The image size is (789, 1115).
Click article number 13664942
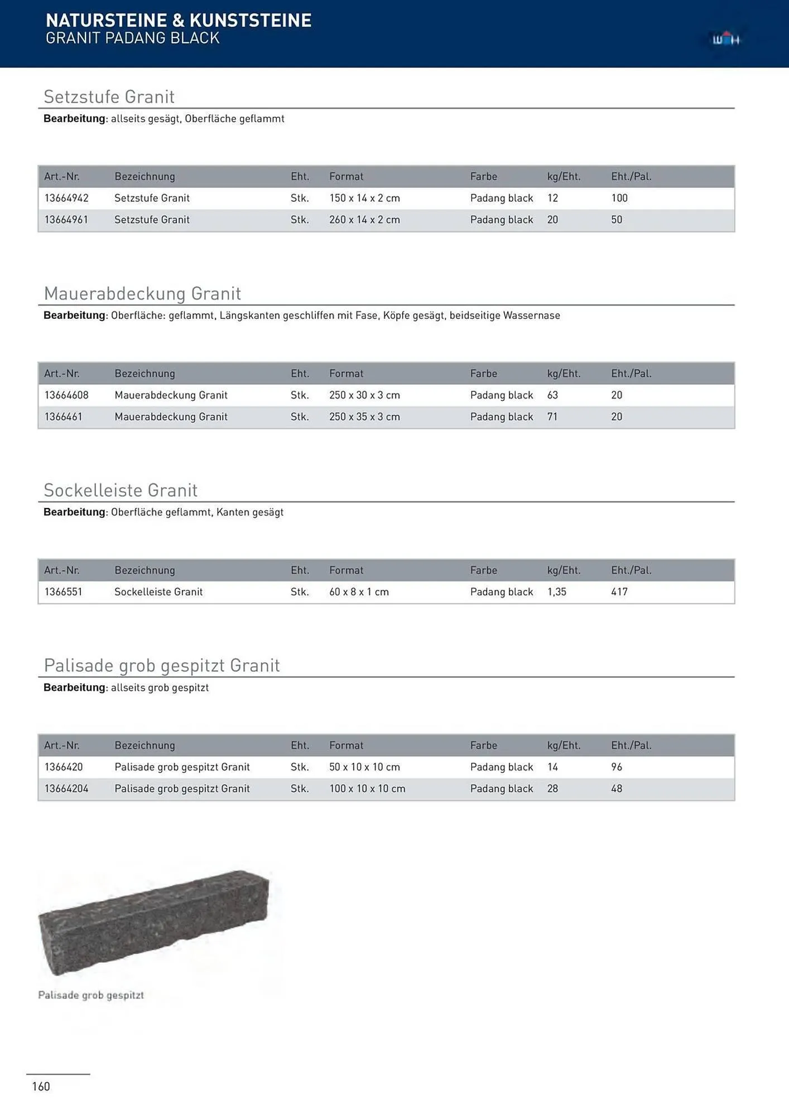click(66, 198)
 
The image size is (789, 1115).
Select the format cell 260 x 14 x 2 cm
click(364, 220)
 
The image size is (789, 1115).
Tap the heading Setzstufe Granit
click(109, 97)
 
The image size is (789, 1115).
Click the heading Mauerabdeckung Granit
click(142, 294)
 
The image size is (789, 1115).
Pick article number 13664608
click(66, 395)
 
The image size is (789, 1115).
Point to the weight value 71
click(552, 417)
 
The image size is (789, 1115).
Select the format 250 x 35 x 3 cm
click(364, 417)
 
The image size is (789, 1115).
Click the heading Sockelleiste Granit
click(121, 491)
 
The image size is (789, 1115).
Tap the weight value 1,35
click(556, 592)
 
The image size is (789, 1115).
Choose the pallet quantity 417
click(619, 592)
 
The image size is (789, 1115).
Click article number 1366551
click(63, 592)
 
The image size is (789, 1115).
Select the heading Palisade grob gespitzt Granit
click(162, 666)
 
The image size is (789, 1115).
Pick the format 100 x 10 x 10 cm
click(367, 789)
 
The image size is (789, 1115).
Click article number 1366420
click(63, 767)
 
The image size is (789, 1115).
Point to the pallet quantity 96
click(617, 767)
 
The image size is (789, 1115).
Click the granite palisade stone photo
click(153, 923)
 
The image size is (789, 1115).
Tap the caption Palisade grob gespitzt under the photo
click(91, 995)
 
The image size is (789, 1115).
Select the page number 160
click(41, 1087)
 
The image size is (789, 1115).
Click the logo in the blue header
click(726, 40)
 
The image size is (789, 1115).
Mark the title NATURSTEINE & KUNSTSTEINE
click(179, 21)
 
